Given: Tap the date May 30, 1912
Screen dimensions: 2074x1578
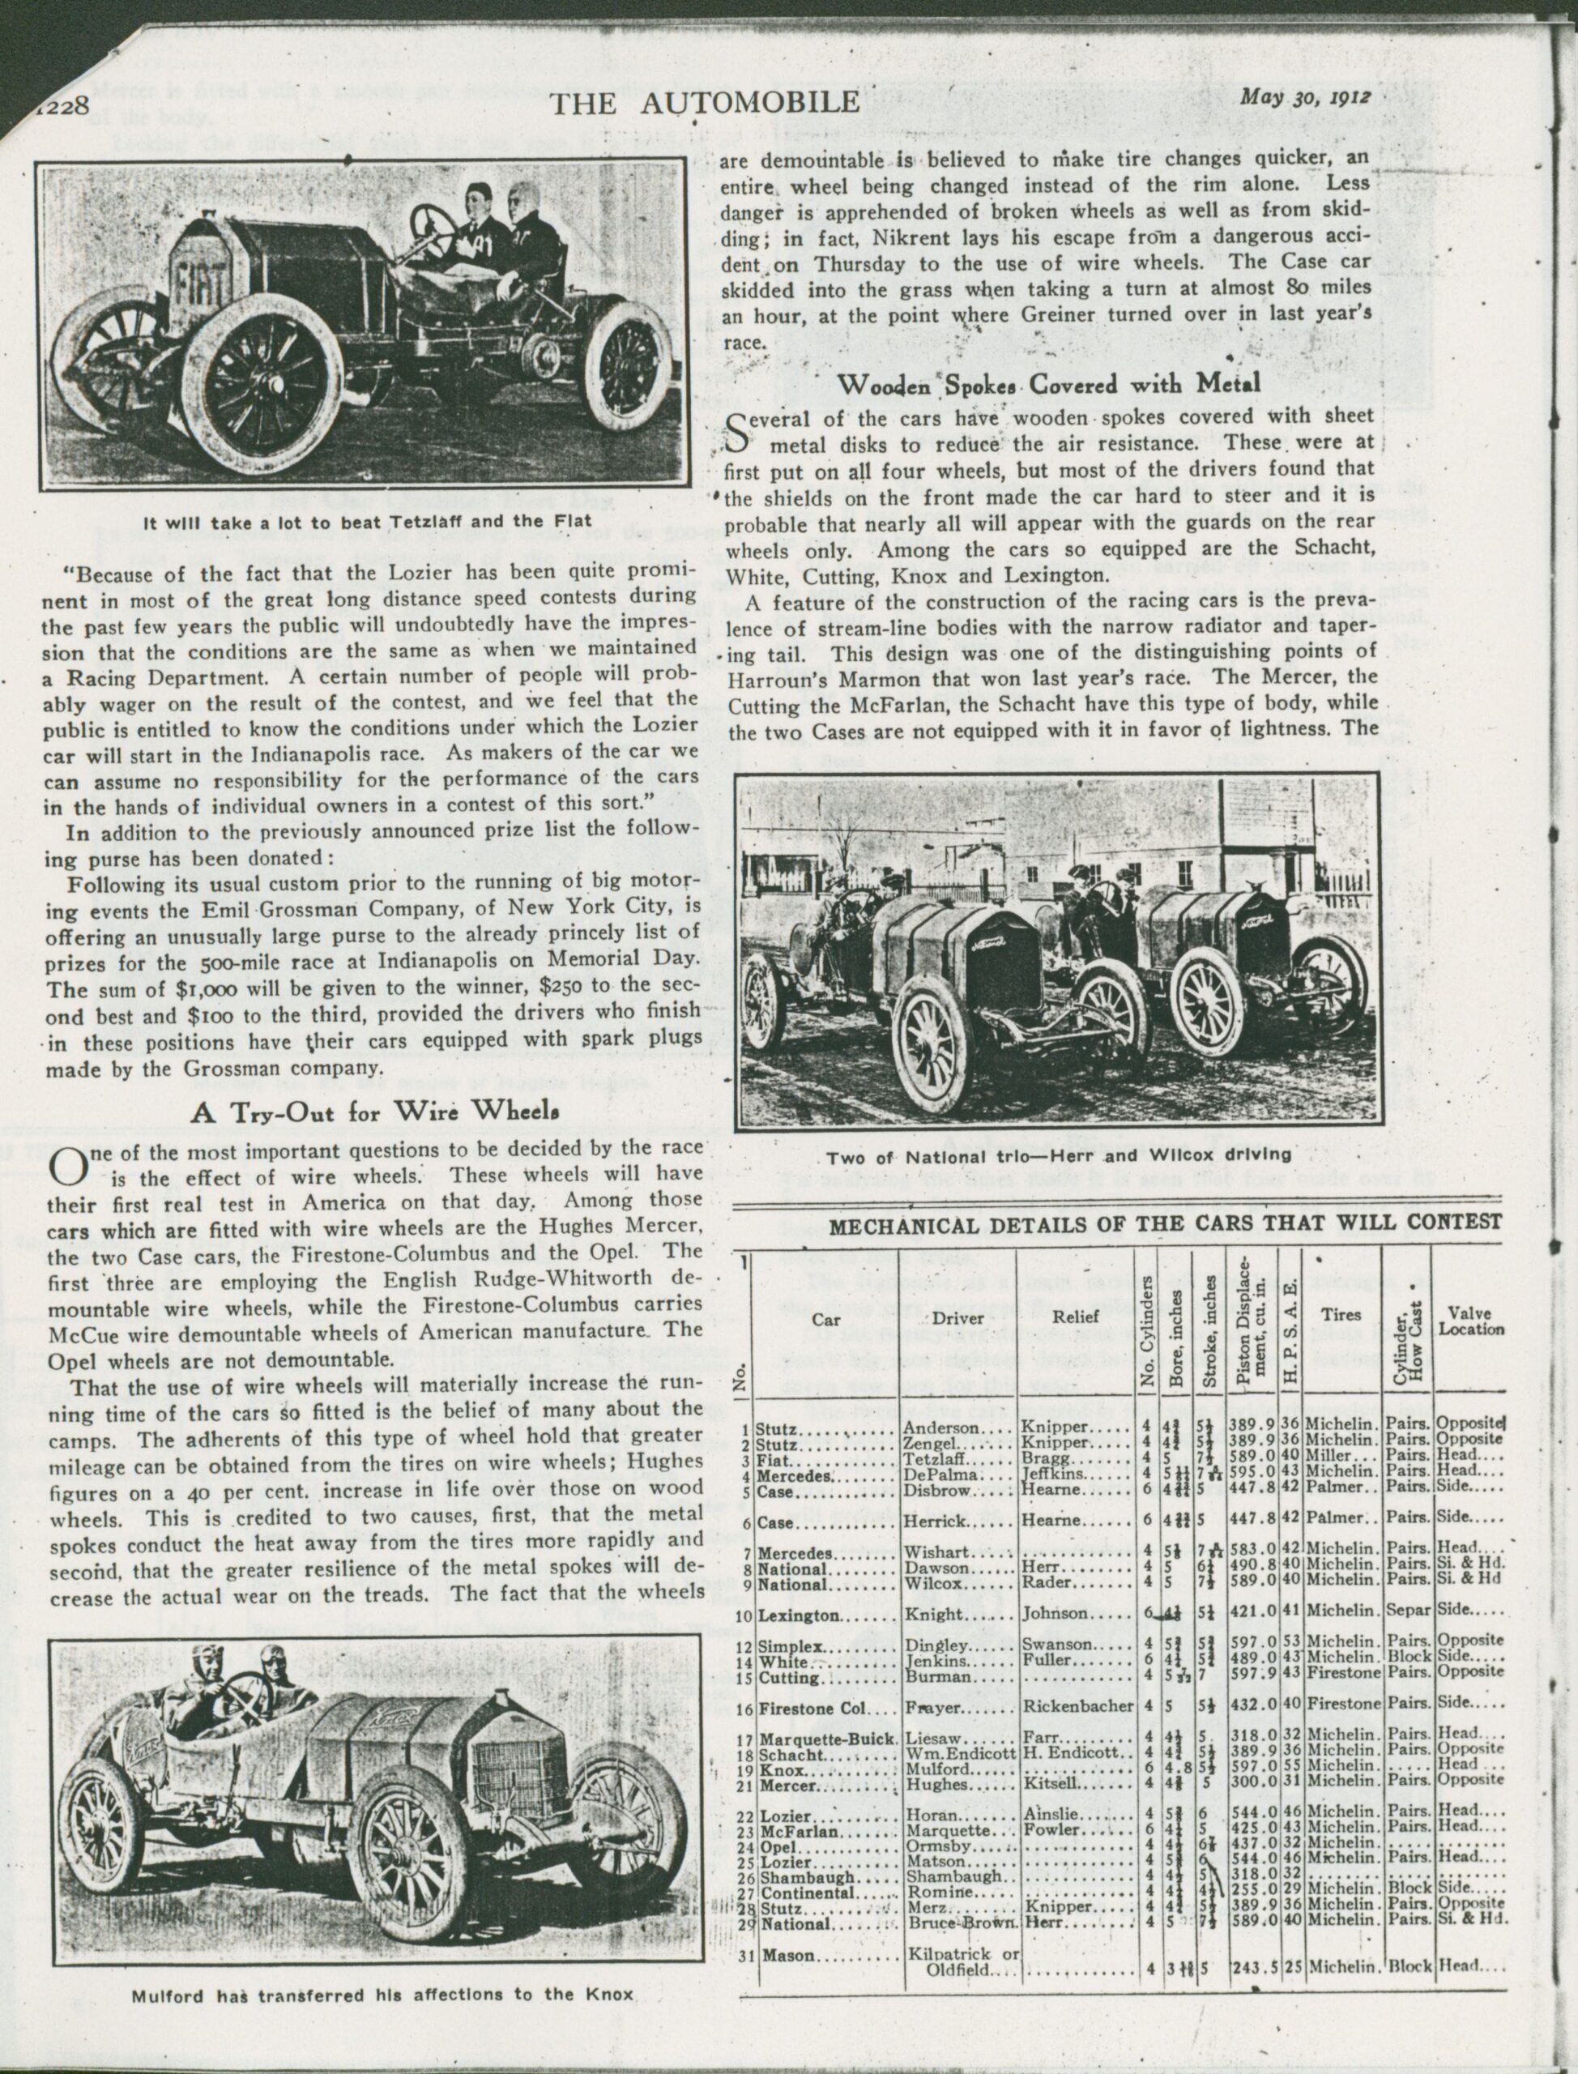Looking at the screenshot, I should (1306, 98).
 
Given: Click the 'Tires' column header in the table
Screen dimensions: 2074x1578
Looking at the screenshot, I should (1343, 1315).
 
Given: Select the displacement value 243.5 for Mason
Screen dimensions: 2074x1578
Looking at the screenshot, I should (1251, 1934).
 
